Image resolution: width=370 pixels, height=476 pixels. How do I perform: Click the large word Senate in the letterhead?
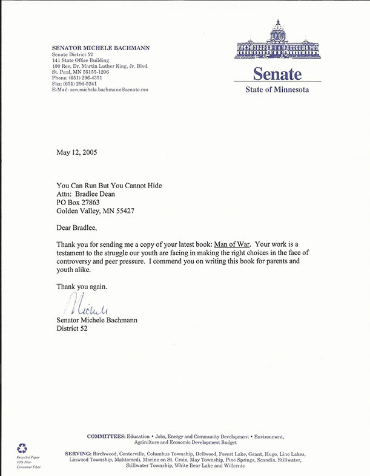coord(277,74)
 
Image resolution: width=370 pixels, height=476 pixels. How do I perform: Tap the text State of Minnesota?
coord(277,90)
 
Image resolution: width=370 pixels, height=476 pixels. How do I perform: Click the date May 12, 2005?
coord(76,152)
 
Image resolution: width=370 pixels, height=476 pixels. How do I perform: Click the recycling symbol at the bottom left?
coord(22,448)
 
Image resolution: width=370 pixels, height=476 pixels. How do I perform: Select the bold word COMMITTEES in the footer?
coord(106,436)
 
